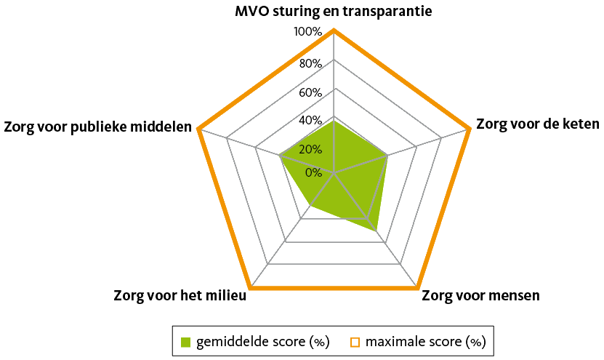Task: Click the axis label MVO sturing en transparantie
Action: pyautogui.click(x=334, y=11)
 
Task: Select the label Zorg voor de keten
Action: pyautogui.click(x=538, y=124)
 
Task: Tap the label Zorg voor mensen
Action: pyautogui.click(x=480, y=295)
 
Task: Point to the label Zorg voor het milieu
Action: pyautogui.click(x=180, y=295)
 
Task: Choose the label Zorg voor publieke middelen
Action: pyautogui.click(x=98, y=127)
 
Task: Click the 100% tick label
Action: pyautogui.click(x=307, y=31)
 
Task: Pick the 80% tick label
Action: pyautogui.click(x=310, y=63)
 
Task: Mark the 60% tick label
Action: pyautogui.click(x=310, y=93)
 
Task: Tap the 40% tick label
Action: pyautogui.click(x=310, y=121)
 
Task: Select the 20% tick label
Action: pyautogui.click(x=310, y=149)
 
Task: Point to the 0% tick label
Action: pyautogui.click(x=313, y=172)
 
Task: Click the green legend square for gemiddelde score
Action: pyautogui.click(x=186, y=342)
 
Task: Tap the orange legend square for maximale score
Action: pyautogui.click(x=355, y=343)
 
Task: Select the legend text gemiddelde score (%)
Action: pyautogui.click(x=263, y=342)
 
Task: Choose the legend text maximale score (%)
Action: pyautogui.click(x=426, y=342)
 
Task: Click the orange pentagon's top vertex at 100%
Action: pyautogui.click(x=334, y=30)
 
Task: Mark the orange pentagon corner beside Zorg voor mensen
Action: pyautogui.click(x=417, y=287)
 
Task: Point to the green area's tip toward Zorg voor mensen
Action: pyautogui.click(x=376, y=231)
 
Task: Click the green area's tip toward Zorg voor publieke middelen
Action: pyautogui.click(x=280, y=156)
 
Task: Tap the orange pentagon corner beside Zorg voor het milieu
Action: pyautogui.click(x=250, y=287)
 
